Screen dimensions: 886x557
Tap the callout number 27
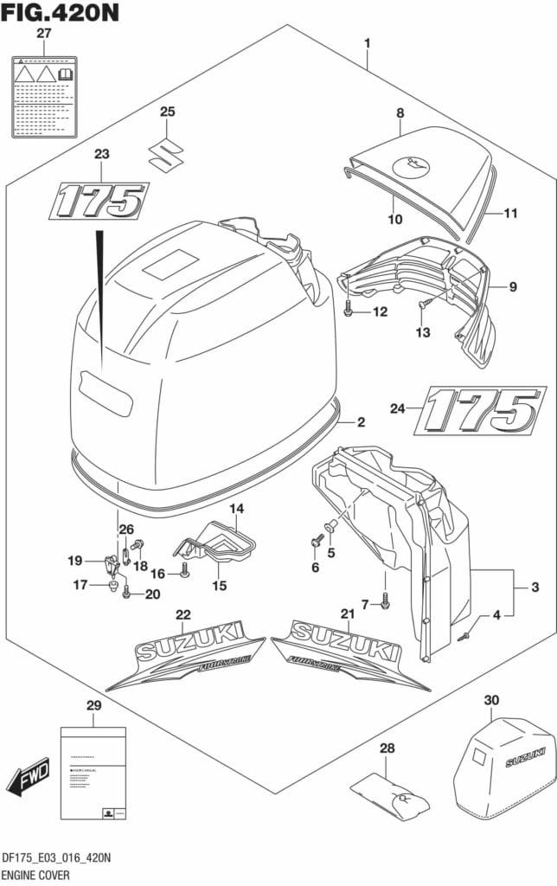[x=44, y=33]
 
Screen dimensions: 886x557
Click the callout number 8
[x=400, y=112]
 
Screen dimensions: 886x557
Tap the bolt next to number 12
[x=348, y=311]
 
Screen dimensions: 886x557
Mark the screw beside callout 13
[x=424, y=304]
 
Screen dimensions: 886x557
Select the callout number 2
[x=361, y=422]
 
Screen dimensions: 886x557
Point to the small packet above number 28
[x=391, y=794]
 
